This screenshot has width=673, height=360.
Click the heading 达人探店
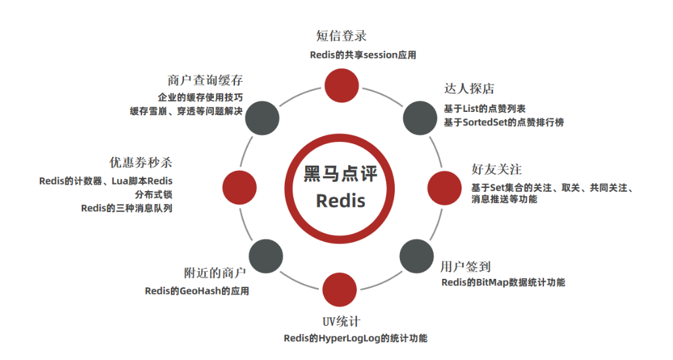coord(469,88)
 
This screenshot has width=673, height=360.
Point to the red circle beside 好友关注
coord(446,185)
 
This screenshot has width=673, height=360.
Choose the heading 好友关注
coord(496,170)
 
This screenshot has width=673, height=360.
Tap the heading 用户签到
coord(465,266)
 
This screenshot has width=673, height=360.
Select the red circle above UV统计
coord(340,289)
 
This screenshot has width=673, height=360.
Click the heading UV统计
coord(340,321)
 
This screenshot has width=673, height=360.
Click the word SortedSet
coord(485,122)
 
